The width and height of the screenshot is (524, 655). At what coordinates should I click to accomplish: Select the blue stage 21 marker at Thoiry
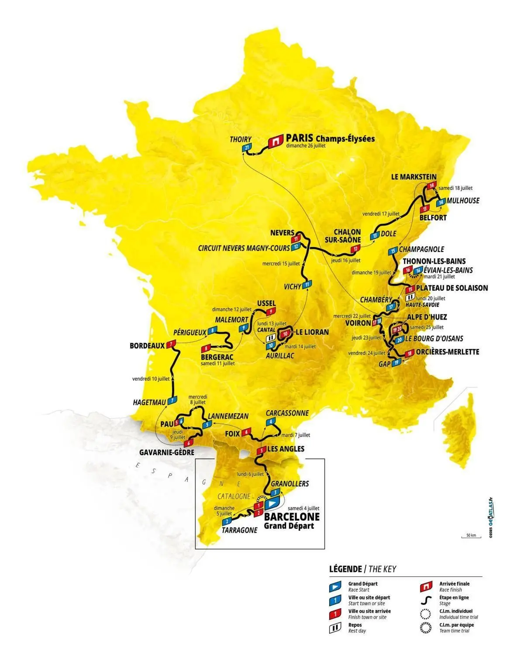(x=247, y=148)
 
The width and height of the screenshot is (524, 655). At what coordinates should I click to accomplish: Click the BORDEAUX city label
(x=147, y=345)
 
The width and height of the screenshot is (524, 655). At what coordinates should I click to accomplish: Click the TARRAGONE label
(x=239, y=530)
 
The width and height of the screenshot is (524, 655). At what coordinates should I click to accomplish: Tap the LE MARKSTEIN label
(x=414, y=177)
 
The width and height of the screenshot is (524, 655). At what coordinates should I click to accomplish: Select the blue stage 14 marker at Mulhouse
(x=441, y=202)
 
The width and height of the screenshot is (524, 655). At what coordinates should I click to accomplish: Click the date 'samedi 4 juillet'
(x=303, y=508)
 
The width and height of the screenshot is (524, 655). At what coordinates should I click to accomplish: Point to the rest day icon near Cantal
(x=271, y=338)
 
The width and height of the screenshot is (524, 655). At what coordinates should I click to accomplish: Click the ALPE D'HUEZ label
(x=427, y=317)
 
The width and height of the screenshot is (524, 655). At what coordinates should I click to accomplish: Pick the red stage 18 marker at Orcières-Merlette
(x=409, y=353)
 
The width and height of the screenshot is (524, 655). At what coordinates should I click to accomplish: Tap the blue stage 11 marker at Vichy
(x=307, y=285)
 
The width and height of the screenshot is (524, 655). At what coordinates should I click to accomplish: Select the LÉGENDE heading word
(x=345, y=569)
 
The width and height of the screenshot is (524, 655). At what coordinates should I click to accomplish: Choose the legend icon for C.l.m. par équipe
(x=426, y=628)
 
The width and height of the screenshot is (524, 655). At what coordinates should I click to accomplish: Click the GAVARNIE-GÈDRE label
(x=166, y=452)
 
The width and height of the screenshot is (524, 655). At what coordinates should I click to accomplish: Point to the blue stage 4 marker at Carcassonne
(x=271, y=421)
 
